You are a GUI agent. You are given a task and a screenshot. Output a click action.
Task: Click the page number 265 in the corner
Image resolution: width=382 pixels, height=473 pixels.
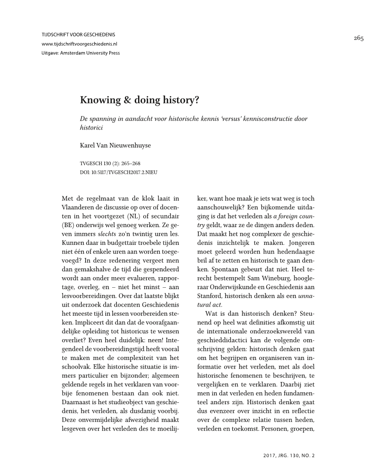(x=358, y=38)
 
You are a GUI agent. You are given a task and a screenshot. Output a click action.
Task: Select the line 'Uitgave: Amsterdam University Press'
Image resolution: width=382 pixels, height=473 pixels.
(x=81, y=53)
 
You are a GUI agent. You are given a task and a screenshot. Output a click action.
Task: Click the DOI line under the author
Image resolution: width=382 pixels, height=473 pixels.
(x=120, y=171)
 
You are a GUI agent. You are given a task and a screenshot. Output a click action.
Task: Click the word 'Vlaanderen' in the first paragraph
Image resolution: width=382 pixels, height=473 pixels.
(x=79, y=207)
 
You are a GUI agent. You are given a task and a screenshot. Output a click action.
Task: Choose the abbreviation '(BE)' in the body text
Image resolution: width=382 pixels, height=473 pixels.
(x=69, y=225)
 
